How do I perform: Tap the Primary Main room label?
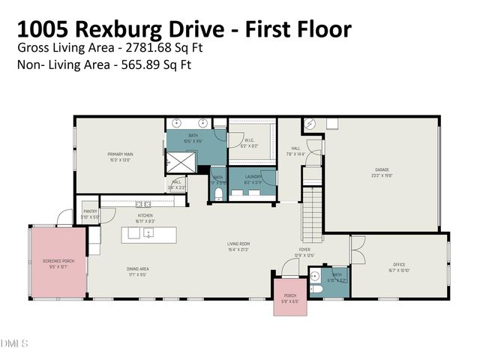[119, 154]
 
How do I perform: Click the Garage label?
[382, 169]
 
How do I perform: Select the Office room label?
[399, 264]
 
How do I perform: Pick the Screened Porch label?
[58, 260]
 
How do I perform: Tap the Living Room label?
[238, 244]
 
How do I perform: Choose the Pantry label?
[89, 212]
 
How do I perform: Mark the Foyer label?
[304, 250]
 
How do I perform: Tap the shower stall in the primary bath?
[181, 160]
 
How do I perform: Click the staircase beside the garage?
[312, 209]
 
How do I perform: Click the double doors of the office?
[356, 245]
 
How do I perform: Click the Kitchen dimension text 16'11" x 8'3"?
[145, 221]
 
